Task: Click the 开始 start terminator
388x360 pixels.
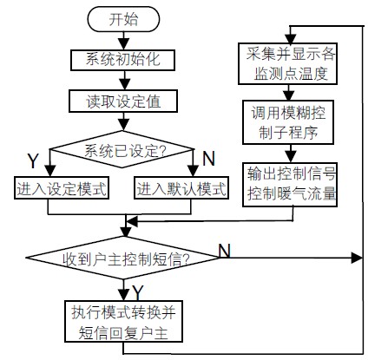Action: pos(124,17)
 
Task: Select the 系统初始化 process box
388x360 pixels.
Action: pos(123,61)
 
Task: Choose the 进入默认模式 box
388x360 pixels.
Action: pos(181,186)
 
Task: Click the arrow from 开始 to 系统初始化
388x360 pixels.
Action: pos(124,39)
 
